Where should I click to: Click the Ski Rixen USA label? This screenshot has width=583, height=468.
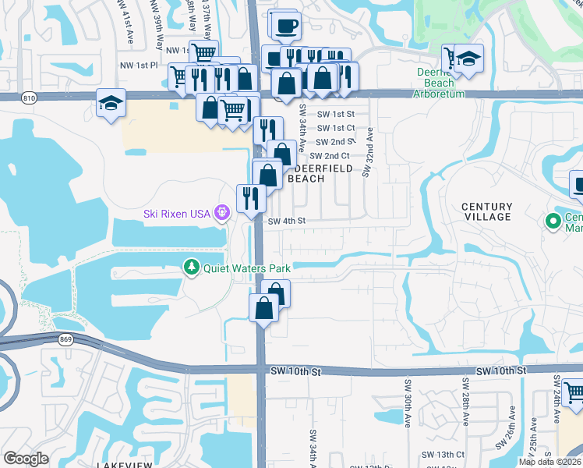coord(178,213)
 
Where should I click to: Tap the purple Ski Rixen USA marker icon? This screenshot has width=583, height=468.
coord(222,212)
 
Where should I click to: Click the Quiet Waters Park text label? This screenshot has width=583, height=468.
coord(246,268)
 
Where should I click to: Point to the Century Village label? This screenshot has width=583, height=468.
coord(486,211)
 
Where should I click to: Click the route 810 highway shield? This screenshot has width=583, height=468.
coord(29,98)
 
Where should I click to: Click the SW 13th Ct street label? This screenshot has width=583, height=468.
coord(443,455)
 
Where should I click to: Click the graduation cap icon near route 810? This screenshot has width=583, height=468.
coord(111,103)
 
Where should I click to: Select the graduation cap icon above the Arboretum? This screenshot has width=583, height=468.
coord(469,60)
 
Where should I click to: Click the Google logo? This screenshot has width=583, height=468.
coord(26,459)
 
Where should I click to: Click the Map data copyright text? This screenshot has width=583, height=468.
coord(550,462)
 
